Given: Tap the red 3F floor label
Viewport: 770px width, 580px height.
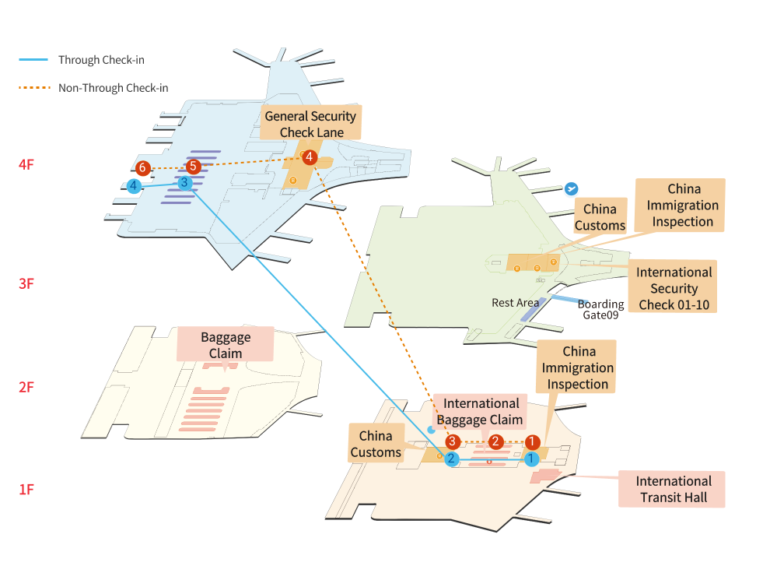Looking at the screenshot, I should pos(26,283).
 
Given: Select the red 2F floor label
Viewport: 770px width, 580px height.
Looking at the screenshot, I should pos(26,387).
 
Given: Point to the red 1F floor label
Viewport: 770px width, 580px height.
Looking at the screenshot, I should pos(26,490).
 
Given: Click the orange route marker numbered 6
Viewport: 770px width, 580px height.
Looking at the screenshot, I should pos(142,168).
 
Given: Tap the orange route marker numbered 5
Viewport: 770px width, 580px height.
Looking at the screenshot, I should pos(194,167).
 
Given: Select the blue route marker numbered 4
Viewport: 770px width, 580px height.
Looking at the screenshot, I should pos(135,186).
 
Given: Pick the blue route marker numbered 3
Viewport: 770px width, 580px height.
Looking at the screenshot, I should pos(184,183).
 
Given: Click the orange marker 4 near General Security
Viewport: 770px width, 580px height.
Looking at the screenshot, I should pos(310,157).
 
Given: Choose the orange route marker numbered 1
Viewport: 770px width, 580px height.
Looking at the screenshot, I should pos(532,442).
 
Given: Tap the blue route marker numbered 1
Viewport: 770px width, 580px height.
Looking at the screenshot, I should pos(531,459).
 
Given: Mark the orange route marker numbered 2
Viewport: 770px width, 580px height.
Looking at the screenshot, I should pos(495,442).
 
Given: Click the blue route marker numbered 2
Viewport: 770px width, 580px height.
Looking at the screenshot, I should pos(451,459).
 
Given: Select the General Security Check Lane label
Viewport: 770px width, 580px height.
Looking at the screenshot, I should pos(310,124).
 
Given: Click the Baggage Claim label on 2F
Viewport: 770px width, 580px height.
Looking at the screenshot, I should pos(226,345).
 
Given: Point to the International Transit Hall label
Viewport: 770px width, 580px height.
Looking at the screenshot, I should pos(673,489).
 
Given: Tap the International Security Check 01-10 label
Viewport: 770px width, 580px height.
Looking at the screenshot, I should pos(674,288).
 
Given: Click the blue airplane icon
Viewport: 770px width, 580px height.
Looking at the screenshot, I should pos(571,188).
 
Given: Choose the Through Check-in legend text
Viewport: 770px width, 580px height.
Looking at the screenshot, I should pos(101,60).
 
